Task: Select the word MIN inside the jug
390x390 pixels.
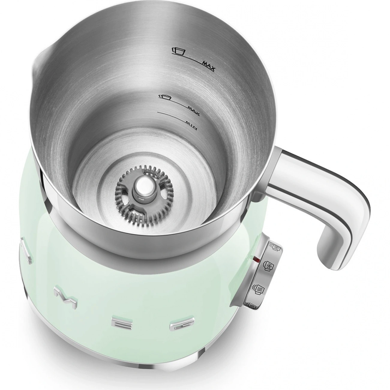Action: point(191,125)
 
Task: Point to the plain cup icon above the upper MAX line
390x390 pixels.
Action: point(178,51)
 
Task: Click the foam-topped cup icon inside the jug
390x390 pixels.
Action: point(165,97)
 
